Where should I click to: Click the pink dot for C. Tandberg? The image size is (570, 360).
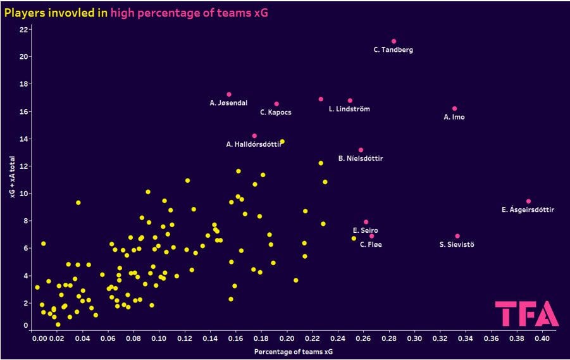pos(393,41)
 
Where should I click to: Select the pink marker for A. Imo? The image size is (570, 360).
pos(454,109)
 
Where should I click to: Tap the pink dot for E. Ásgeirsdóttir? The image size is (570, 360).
pos(528,201)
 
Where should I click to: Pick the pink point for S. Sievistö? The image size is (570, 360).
pos(457,236)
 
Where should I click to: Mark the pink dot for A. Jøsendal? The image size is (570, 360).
pos(229,94)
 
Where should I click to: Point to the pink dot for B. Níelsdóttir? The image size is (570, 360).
pos(361,150)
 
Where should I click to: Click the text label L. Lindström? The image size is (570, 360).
pos(349,109)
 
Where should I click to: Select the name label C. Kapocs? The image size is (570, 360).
pos(276,113)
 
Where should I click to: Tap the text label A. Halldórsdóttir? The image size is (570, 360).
pos(253,145)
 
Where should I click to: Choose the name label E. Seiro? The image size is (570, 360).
pos(366,231)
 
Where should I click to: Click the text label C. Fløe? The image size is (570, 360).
pos(371,244)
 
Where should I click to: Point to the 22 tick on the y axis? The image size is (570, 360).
pos(23,30)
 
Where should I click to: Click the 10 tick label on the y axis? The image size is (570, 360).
pos(23,194)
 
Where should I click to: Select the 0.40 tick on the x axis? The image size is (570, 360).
pos(542,338)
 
